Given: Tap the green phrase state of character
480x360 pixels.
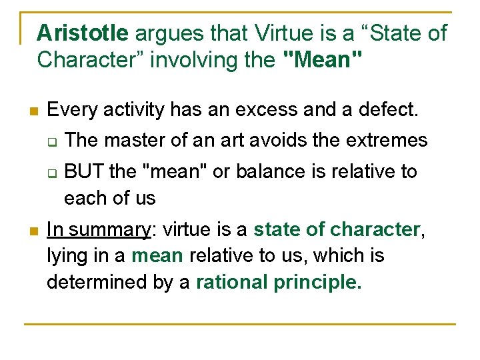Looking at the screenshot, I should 337,230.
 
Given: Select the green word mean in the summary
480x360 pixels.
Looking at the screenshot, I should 158,256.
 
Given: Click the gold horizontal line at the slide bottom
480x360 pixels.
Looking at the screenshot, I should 240,324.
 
